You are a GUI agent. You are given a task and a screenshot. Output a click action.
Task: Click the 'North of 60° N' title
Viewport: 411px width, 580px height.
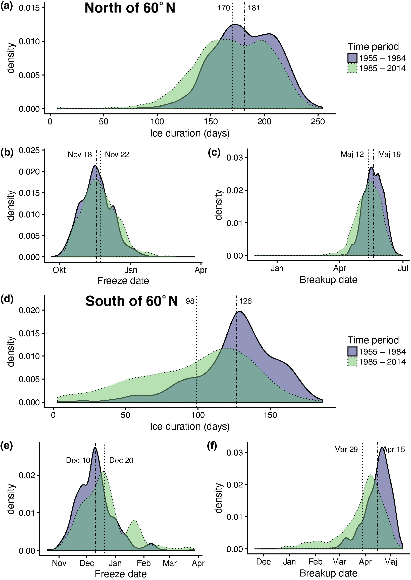(x=130, y=8)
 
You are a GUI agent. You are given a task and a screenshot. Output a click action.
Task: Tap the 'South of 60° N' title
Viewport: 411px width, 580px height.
(x=132, y=301)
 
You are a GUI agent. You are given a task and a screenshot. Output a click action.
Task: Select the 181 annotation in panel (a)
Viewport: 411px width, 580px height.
(x=253, y=8)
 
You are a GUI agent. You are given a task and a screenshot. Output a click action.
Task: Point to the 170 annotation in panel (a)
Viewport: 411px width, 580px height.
(x=224, y=8)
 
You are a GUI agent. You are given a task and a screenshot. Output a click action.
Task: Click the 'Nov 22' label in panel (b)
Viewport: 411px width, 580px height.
(x=117, y=155)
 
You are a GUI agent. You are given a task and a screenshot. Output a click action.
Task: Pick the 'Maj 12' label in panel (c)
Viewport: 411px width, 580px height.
(x=352, y=154)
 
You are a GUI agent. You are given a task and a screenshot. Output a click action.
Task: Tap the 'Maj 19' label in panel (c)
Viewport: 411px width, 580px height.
(x=389, y=154)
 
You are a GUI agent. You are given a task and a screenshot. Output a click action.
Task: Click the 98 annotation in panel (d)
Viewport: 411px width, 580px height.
(x=190, y=301)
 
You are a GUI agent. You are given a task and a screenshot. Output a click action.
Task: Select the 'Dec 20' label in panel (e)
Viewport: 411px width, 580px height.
(x=121, y=460)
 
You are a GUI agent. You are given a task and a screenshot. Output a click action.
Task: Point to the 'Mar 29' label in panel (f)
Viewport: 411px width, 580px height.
(x=346, y=449)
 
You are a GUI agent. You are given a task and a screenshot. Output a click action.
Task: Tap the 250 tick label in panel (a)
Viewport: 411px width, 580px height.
(x=318, y=122)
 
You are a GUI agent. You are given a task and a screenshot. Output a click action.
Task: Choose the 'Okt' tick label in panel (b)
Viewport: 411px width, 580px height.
(x=59, y=270)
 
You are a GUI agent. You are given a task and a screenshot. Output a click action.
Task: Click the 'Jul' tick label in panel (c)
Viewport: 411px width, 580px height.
(x=403, y=268)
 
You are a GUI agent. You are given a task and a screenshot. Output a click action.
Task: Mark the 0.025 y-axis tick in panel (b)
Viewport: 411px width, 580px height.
(x=29, y=150)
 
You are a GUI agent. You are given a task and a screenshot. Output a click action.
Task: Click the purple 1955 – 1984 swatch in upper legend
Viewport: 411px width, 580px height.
(x=352, y=58)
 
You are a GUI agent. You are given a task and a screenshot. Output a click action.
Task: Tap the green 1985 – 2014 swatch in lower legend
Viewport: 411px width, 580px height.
(x=352, y=362)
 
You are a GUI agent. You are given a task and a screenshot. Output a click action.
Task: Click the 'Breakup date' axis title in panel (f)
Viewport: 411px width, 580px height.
(x=328, y=573)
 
